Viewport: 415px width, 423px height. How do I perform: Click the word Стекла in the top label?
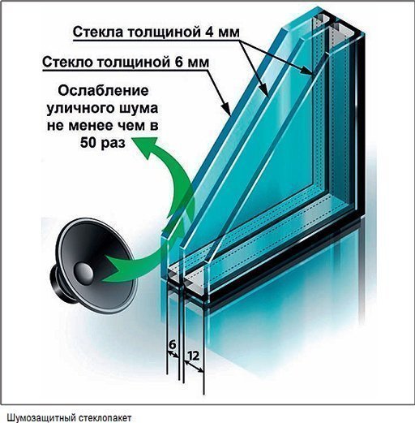98,32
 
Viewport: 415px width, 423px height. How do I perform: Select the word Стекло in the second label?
67,63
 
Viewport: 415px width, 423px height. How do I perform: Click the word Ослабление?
103,91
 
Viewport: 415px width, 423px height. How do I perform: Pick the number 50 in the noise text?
88,143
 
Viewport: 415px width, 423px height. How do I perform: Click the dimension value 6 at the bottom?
172,344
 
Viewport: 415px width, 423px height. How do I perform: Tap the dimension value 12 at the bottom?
193,356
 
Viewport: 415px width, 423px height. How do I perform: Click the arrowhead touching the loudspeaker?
115,269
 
